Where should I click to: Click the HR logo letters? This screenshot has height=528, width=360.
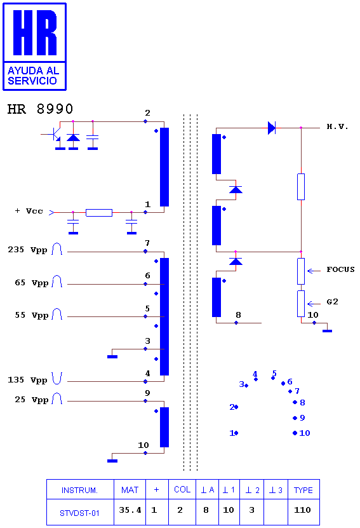point(35,32)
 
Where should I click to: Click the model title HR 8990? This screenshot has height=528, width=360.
point(40,109)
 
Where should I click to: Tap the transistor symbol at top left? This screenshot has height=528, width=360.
point(54,135)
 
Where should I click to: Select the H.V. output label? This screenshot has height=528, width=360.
point(337,126)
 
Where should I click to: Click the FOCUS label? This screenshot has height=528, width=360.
point(340,269)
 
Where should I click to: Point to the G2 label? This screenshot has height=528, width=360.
point(332,302)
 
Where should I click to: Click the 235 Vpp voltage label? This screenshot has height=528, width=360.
point(27,250)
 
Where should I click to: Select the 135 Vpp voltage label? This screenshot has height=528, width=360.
point(27,380)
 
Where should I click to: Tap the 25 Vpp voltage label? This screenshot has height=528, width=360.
point(32,400)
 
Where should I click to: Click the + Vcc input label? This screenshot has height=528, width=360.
point(29,211)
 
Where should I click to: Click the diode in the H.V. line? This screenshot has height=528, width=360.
point(272,128)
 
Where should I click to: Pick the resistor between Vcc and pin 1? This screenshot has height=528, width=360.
point(99,212)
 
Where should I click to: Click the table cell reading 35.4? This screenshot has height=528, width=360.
point(130,510)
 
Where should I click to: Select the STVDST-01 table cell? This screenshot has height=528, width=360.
point(80,513)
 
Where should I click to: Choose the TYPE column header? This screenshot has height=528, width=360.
point(303,491)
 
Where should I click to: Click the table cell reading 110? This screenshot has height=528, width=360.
point(302,510)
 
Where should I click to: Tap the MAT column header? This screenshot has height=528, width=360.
point(130,490)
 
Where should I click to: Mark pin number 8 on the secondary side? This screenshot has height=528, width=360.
point(238,315)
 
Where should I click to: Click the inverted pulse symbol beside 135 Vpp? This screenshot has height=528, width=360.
point(57,379)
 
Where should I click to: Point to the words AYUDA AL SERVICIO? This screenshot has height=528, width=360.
point(33,76)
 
